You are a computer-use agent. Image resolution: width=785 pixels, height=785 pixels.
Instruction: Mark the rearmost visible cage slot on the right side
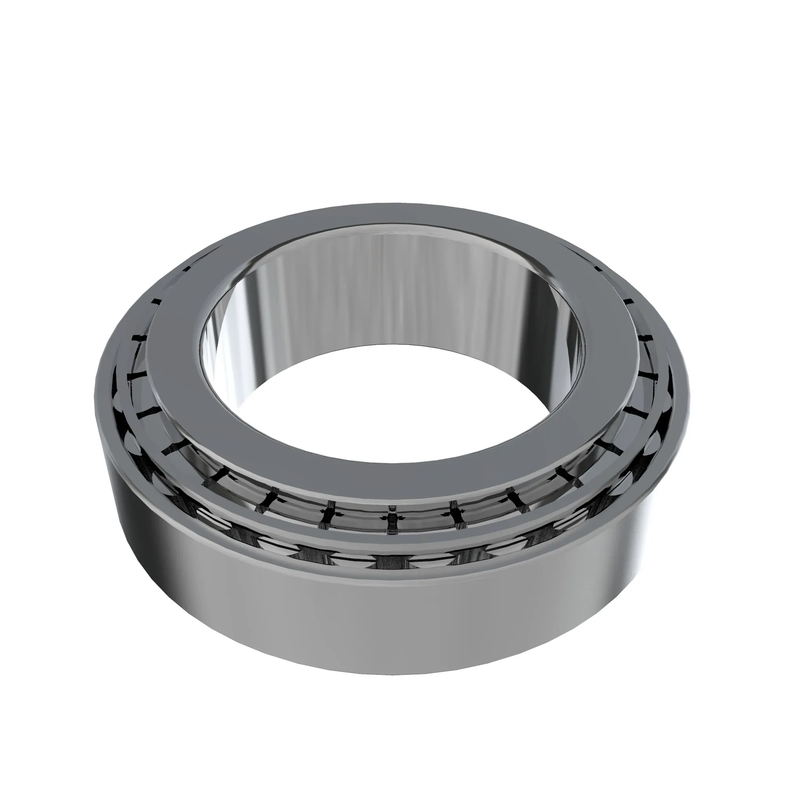click(597, 268)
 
